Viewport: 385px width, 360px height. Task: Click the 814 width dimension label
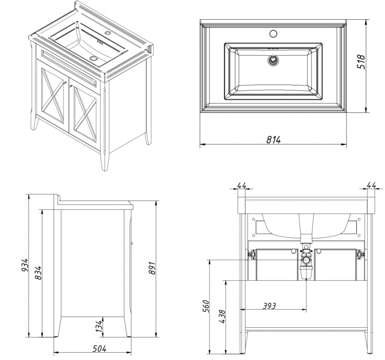coord(273,139)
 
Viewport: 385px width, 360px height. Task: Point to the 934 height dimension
coord(26,266)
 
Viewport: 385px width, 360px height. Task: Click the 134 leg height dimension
coord(99,325)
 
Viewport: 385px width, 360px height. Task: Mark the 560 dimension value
coord(206,306)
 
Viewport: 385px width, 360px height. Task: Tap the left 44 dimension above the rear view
coord(242,185)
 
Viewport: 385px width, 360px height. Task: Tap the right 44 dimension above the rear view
coord(371,185)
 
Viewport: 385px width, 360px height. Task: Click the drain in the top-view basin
coord(273,61)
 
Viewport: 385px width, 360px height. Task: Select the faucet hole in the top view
coord(273,34)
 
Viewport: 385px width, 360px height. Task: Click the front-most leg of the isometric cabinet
coord(105,159)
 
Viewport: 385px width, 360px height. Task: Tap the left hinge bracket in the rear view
coord(251,255)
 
